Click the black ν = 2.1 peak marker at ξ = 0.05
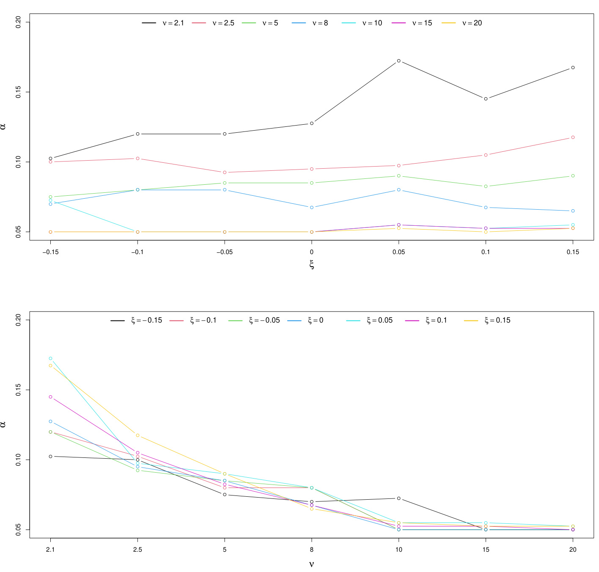click(398, 61)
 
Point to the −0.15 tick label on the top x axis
click(50, 252)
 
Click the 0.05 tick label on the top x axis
click(398, 252)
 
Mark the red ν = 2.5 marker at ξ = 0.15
click(573, 137)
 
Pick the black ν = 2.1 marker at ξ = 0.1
click(486, 99)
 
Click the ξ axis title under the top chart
click(312, 265)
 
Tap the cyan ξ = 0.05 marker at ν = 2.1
click(50, 359)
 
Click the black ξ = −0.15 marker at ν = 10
click(398, 498)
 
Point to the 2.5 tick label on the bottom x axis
click(137, 550)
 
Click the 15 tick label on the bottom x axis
click(486, 550)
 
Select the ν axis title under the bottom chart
click(312, 564)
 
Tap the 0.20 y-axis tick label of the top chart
click(19, 22)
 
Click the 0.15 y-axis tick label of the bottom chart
click(19, 390)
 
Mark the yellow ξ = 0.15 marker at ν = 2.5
click(137, 435)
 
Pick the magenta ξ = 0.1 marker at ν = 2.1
click(50, 397)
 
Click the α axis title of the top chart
click(3, 126)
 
